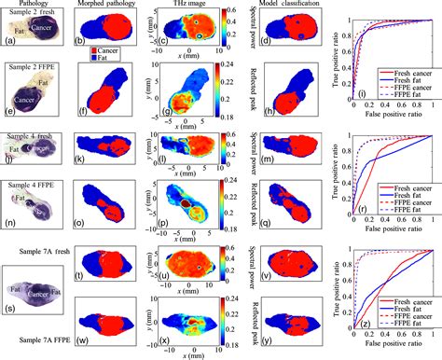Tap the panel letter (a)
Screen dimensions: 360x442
[x=8, y=40]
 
